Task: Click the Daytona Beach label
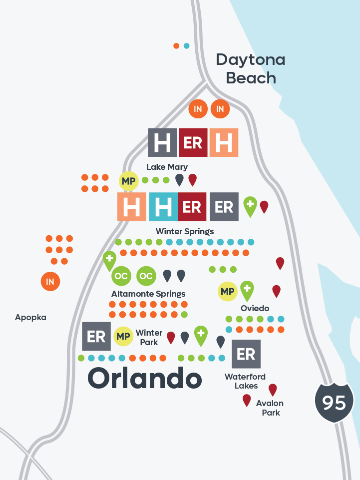tap(251, 69)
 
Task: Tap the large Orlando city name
tap(145, 378)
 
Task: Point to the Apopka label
tap(30, 317)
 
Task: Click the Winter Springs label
tap(185, 231)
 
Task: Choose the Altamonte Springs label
tap(148, 294)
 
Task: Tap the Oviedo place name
tap(255, 308)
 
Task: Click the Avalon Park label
tap(270, 408)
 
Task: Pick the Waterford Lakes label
tap(245, 381)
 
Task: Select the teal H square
tap(163, 206)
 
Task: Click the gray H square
tap(162, 142)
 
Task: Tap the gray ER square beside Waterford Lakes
tap(246, 354)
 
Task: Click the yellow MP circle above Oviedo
tap(228, 292)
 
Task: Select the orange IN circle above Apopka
tap(50, 282)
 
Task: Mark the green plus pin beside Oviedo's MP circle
tap(246, 290)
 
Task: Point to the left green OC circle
tap(121, 276)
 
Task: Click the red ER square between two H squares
tap(193, 142)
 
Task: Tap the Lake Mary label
tap(167, 167)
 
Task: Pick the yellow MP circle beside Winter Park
tap(123, 337)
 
